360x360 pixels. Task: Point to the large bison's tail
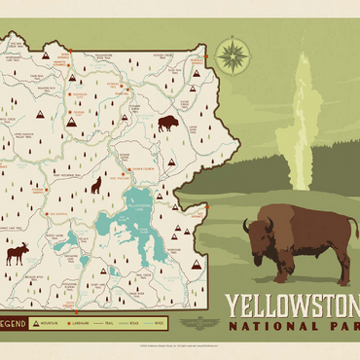click(350, 238)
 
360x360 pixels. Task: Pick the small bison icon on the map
click(167, 124)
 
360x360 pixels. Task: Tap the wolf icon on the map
click(96, 184)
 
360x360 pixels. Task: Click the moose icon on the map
click(18, 254)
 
